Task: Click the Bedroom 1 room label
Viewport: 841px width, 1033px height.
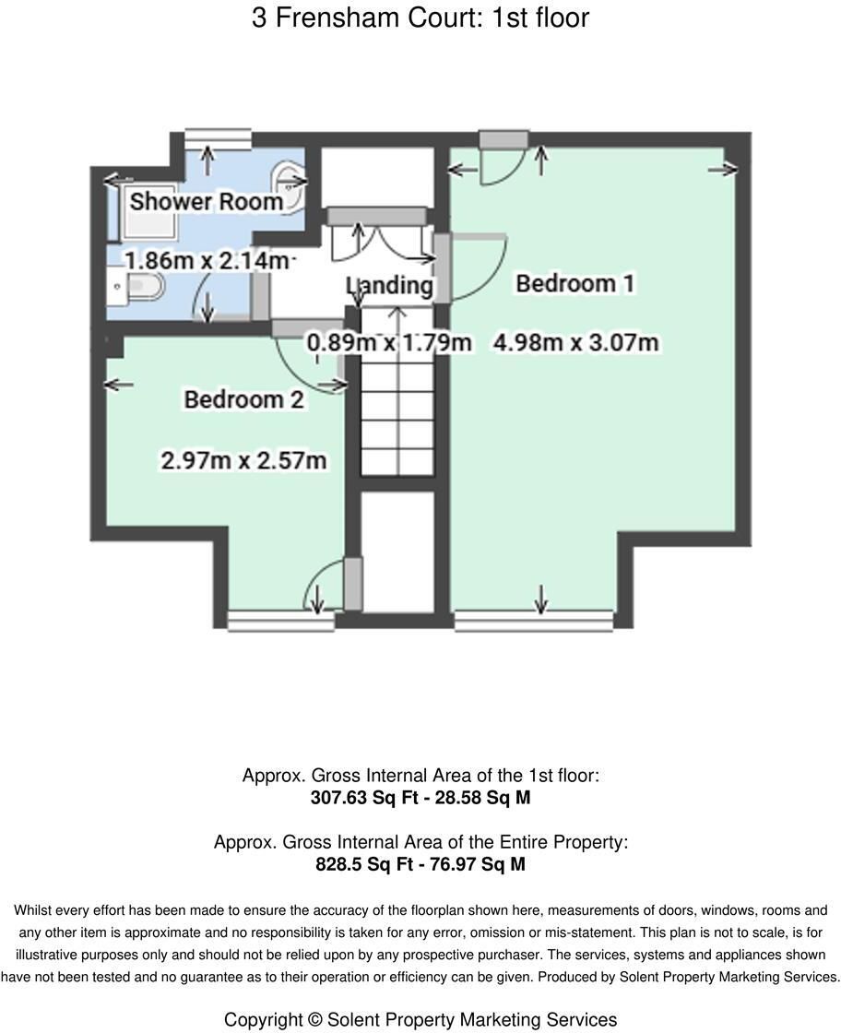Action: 574,283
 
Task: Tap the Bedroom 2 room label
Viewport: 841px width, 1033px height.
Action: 243,399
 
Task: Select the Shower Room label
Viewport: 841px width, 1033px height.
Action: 207,201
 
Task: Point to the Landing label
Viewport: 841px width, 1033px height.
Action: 390,285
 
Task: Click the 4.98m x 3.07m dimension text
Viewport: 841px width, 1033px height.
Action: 576,342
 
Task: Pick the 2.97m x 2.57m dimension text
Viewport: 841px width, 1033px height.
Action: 243,460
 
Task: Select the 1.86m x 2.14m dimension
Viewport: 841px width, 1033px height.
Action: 207,260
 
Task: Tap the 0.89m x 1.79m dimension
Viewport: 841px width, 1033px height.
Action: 390,342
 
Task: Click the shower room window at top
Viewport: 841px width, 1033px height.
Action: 218,138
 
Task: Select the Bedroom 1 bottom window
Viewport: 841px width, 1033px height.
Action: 534,621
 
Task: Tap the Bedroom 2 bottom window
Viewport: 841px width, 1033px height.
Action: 280,621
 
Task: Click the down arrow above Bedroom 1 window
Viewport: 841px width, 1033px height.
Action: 540,600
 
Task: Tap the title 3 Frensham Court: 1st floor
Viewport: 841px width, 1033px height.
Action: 420,18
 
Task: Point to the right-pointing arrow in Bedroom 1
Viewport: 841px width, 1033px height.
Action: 723,170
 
